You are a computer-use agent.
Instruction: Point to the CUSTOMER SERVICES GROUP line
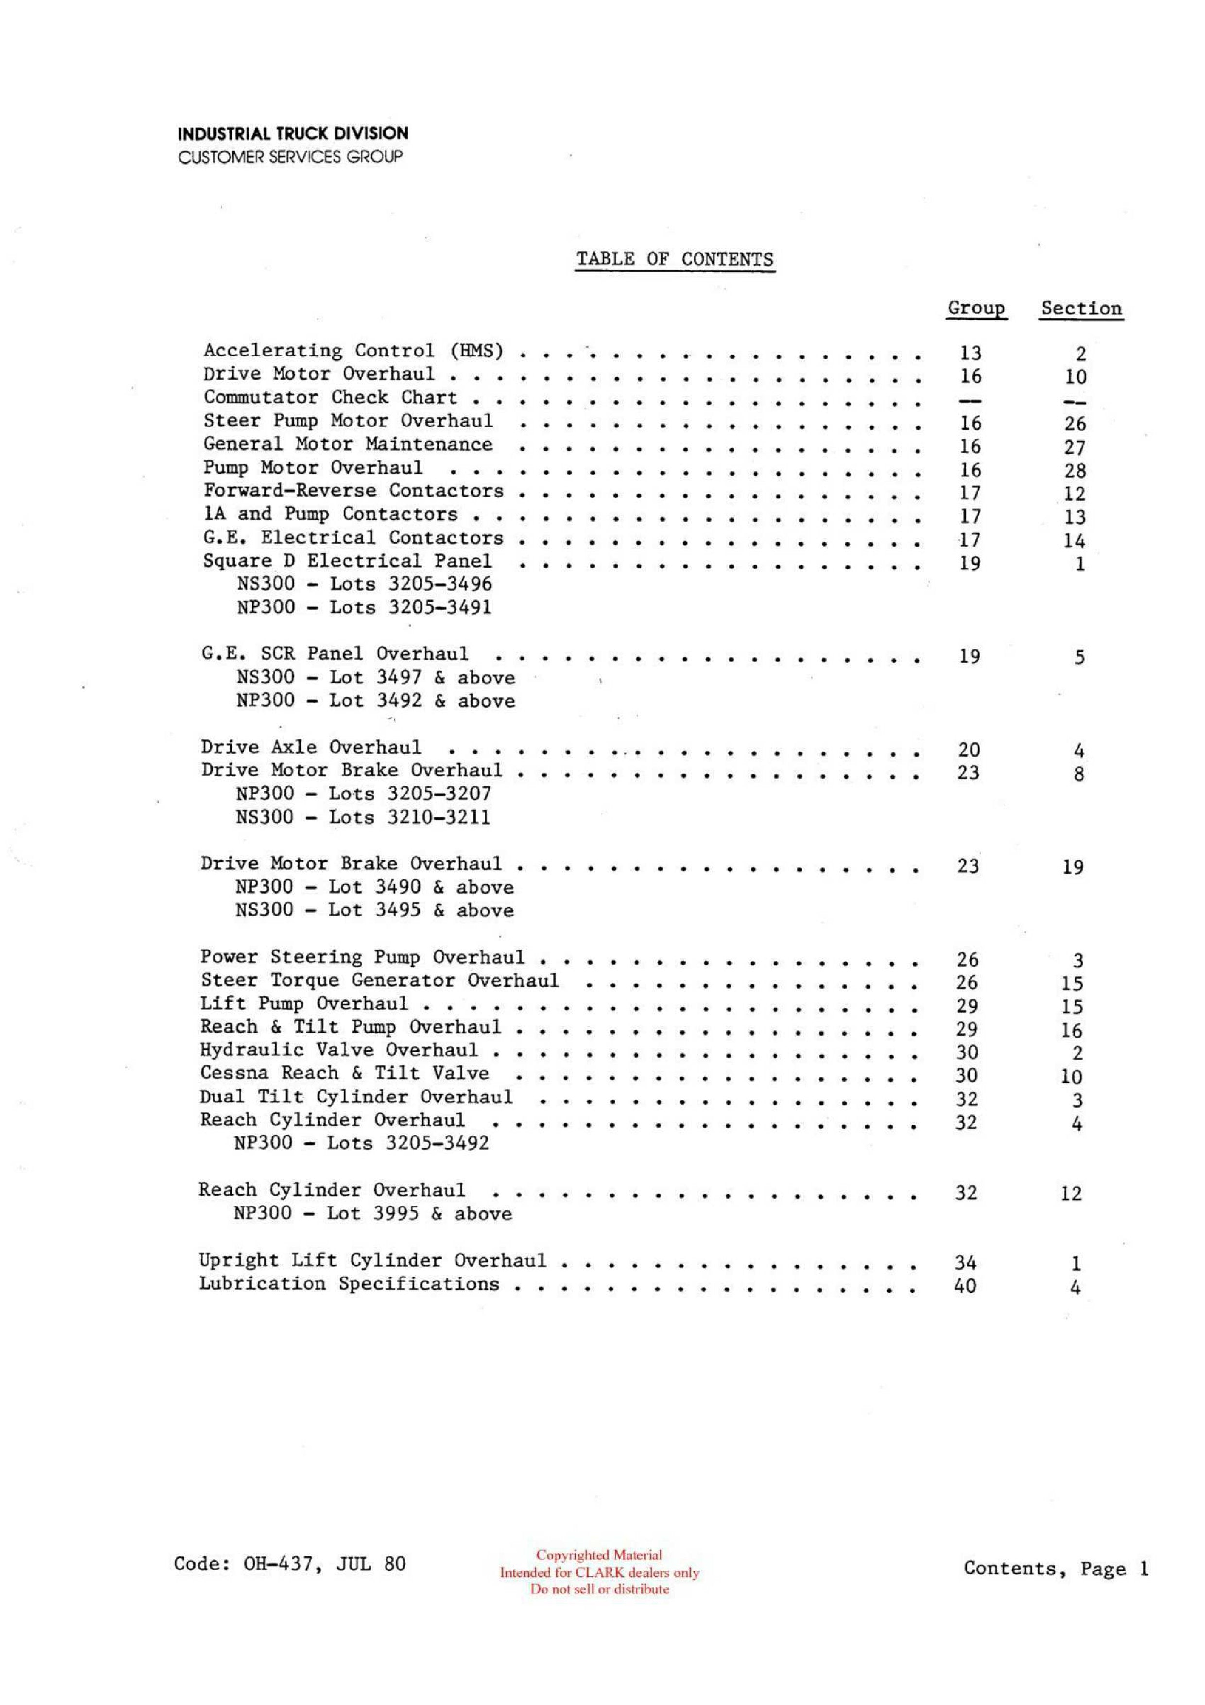290,157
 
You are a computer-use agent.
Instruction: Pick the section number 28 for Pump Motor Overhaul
1074,471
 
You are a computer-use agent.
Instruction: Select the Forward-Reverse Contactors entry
353,491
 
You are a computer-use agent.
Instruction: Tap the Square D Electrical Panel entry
347,561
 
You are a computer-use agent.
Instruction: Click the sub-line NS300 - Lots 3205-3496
364,584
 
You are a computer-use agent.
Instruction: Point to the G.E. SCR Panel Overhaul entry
335,654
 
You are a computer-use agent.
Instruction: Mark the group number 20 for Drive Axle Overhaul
969,750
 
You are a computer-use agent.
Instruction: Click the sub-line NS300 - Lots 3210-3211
362,818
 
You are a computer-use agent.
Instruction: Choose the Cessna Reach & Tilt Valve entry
344,1073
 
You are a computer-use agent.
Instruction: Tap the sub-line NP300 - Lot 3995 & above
372,1214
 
